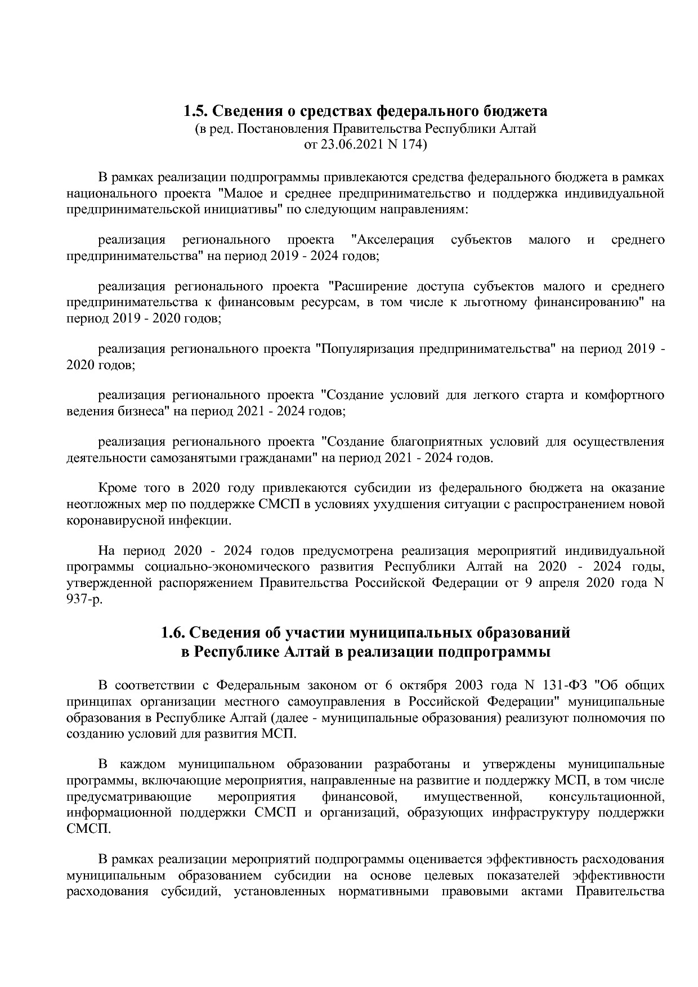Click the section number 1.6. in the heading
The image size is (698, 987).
173,632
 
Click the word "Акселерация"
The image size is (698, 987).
392,240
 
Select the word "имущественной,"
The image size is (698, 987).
471,797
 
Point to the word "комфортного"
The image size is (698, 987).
624,395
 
